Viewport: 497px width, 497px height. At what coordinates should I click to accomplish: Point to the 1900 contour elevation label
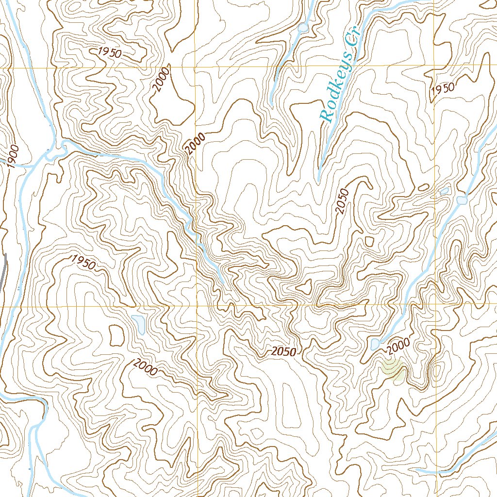click(13, 156)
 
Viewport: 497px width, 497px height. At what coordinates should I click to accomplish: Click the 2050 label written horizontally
click(283, 352)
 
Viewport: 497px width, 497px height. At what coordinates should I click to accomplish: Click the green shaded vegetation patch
click(393, 369)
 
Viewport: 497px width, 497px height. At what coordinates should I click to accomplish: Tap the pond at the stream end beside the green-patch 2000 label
click(375, 345)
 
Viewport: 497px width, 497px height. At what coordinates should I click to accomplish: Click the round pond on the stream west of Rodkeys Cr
click(303, 28)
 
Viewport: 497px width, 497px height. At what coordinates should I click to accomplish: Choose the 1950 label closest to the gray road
click(83, 262)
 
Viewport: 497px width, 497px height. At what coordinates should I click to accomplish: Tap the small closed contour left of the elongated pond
click(116, 335)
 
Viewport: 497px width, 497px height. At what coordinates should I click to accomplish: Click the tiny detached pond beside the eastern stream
click(444, 191)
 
